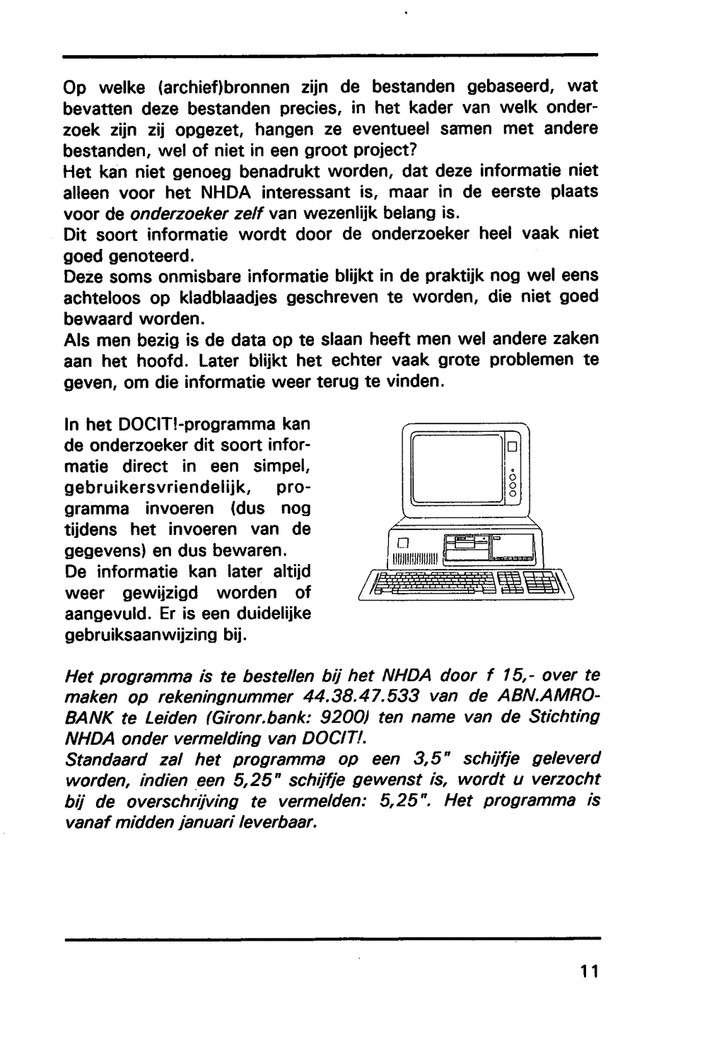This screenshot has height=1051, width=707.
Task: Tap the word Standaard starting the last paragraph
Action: tap(105, 760)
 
